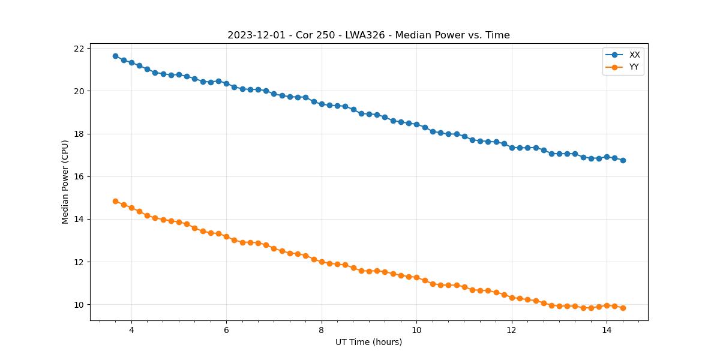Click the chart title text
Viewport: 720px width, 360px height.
click(x=368, y=35)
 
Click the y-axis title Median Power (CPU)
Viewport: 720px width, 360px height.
click(x=65, y=182)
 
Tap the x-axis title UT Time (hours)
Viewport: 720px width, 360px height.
click(x=368, y=342)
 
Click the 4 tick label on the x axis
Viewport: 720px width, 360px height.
click(x=131, y=330)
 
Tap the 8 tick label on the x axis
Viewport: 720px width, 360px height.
click(x=322, y=330)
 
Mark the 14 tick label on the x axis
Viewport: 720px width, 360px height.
click(x=607, y=330)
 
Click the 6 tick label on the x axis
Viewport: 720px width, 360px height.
click(x=226, y=330)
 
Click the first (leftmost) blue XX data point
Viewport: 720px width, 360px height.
click(x=115, y=56)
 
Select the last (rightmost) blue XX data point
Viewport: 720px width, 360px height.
click(x=623, y=160)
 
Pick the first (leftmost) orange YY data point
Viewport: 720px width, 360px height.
click(x=115, y=201)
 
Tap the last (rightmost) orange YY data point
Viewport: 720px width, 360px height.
click(x=623, y=308)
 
